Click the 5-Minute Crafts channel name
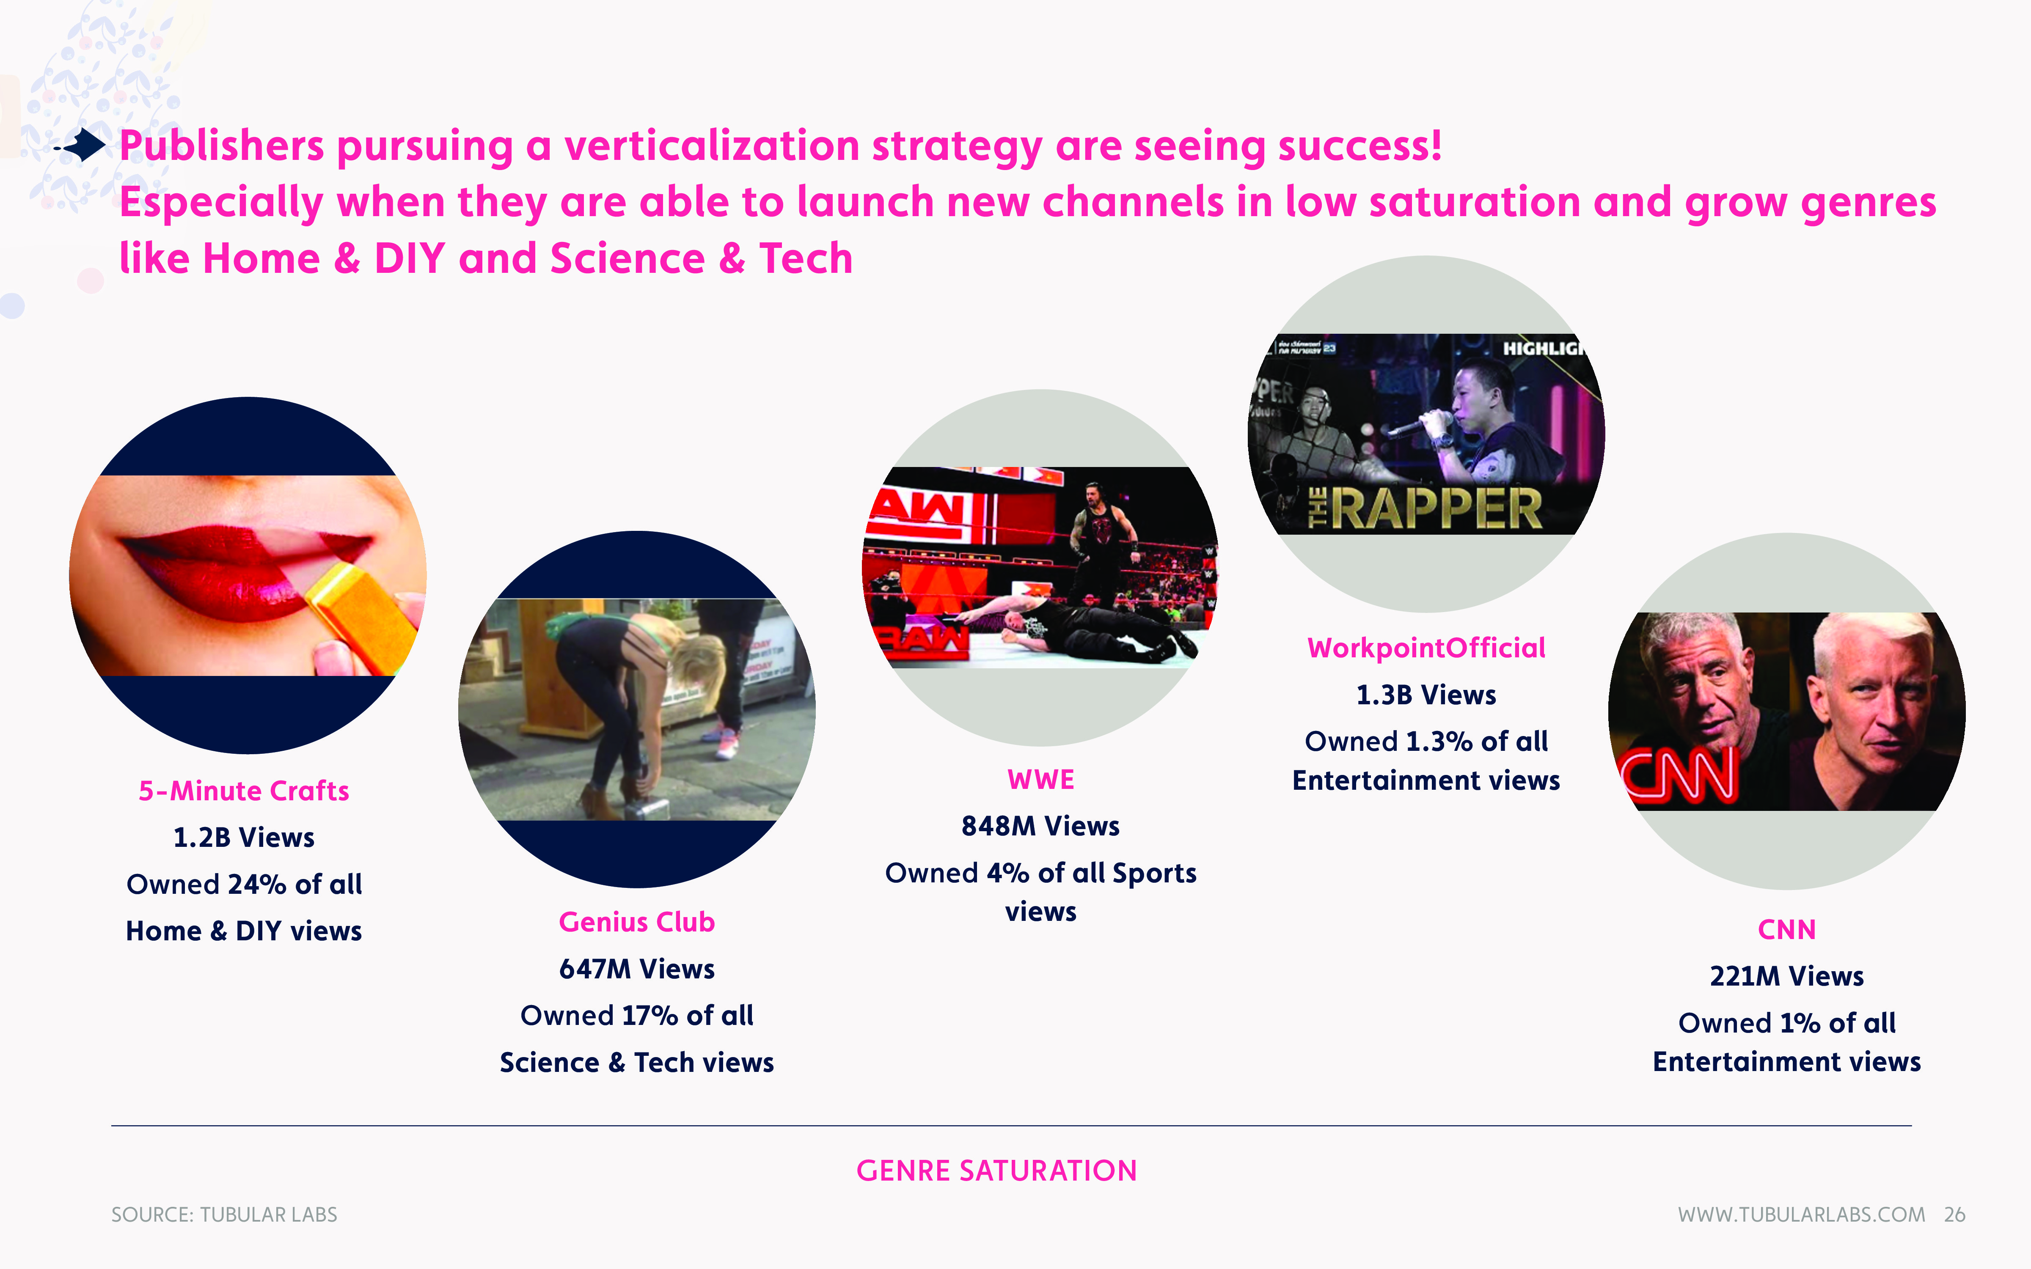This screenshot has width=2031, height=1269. (x=243, y=791)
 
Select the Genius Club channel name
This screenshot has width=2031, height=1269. (x=637, y=922)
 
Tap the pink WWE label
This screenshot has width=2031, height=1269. (x=1041, y=780)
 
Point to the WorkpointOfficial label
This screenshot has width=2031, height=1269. (x=1426, y=648)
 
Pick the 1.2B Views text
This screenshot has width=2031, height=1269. (x=243, y=838)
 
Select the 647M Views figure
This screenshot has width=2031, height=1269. (x=637, y=969)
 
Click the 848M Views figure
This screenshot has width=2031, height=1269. (x=1041, y=826)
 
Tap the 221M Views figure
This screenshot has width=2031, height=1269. (x=1787, y=976)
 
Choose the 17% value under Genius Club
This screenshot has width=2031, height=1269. (x=650, y=1016)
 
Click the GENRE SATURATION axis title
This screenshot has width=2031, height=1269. (x=996, y=1171)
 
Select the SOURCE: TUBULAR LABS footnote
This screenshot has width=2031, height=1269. (x=224, y=1214)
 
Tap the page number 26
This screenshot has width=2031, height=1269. (x=1955, y=1214)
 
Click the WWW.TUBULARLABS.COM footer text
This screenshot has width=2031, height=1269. (x=1801, y=1214)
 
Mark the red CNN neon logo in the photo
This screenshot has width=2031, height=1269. (x=1679, y=774)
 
